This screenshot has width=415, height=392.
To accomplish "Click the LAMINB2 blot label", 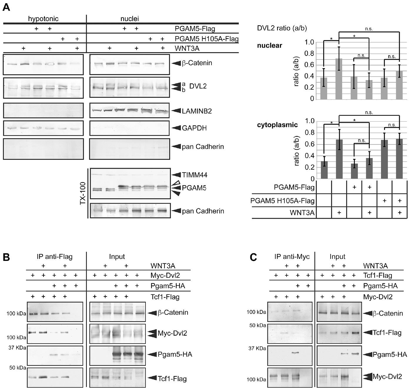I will point(197,111).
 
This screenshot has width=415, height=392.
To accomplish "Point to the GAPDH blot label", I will point(194,128).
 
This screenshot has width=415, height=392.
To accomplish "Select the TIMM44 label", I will point(194,175).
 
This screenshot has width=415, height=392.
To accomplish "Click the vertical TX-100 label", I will point(83,193).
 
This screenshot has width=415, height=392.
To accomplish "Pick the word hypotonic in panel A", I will point(43,19).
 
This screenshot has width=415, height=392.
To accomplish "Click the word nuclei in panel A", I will point(130,19).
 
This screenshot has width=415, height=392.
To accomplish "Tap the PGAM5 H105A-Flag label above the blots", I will point(206,39).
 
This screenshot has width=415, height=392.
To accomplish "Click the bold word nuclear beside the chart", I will point(269,46).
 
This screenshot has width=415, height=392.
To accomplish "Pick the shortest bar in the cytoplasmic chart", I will point(354,170).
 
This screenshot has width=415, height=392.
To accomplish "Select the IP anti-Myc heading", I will point(292,257).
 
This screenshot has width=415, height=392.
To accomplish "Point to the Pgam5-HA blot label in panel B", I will point(175,354).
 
